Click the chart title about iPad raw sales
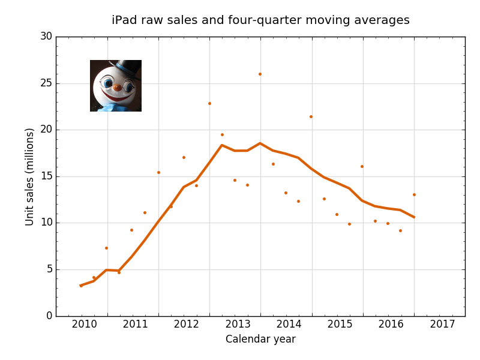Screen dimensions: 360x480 tap(260, 20)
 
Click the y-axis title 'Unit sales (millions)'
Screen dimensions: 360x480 tap(29, 176)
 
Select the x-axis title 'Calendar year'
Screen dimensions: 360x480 tap(260, 339)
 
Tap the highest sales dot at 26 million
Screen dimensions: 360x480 tap(260, 74)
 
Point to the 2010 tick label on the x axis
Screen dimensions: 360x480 tap(85, 325)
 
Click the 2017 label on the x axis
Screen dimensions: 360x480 tap(443, 325)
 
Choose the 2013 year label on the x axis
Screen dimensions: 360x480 tap(238, 325)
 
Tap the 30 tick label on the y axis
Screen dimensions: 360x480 tap(46, 37)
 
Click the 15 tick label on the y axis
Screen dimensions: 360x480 tap(46, 176)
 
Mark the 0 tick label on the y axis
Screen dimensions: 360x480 tap(49, 316)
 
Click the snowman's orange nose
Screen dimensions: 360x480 tap(117, 88)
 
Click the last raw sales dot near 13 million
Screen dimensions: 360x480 tap(414, 194)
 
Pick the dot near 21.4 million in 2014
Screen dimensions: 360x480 tap(311, 116)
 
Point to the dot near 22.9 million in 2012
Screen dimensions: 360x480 tap(209, 103)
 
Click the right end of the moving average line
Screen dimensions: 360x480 tap(413, 217)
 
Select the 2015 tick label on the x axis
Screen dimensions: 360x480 tap(340, 325)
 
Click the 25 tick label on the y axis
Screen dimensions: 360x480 tap(46, 83)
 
